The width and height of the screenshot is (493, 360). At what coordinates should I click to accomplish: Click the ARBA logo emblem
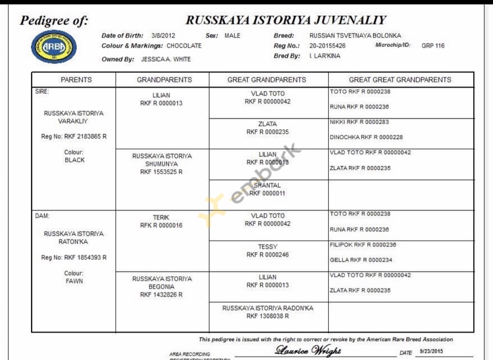pyautogui.click(x=54, y=47)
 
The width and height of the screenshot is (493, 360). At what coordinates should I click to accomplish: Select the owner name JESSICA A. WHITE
pyautogui.click(x=166, y=59)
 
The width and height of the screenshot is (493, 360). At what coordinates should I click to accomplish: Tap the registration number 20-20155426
pyautogui.click(x=327, y=46)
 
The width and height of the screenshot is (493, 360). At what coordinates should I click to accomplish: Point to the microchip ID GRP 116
pyautogui.click(x=433, y=46)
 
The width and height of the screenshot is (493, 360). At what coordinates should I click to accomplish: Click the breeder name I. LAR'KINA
pyautogui.click(x=325, y=56)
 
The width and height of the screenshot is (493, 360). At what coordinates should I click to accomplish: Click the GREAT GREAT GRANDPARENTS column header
pyautogui.click(x=400, y=79)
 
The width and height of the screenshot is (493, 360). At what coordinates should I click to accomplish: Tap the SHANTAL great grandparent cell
pyautogui.click(x=267, y=189)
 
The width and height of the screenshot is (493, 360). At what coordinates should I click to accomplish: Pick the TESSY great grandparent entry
pyautogui.click(x=268, y=251)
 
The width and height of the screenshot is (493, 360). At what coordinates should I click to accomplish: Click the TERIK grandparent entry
pyautogui.click(x=161, y=221)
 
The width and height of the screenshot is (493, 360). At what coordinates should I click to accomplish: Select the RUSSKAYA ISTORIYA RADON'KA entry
pyautogui.click(x=268, y=312)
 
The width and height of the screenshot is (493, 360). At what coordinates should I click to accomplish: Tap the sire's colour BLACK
pyautogui.click(x=74, y=160)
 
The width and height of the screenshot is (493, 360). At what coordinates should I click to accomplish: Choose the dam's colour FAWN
pyautogui.click(x=74, y=281)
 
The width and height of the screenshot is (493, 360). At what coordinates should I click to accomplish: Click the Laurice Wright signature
pyautogui.click(x=308, y=350)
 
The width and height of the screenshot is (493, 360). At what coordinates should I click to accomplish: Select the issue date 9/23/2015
pyautogui.click(x=432, y=351)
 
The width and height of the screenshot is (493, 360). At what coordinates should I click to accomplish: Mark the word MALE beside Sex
pyautogui.click(x=232, y=36)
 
